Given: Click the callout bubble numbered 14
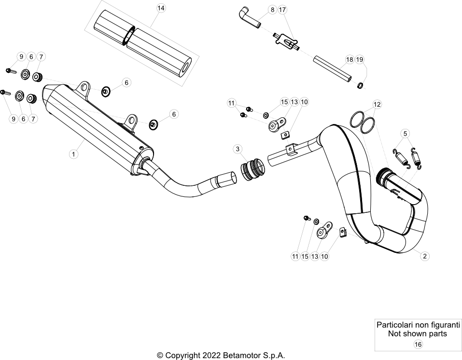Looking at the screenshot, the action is pos(161,8).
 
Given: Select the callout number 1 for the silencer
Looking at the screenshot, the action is pos(74,154).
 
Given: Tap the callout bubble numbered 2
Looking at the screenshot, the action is pos(424,256).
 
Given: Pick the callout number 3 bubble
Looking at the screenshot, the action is pos(238,149).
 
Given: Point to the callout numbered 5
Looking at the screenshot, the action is pos(405,134).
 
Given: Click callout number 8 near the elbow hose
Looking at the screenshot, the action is pos(272,10).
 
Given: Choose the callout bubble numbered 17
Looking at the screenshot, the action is pos(282,10).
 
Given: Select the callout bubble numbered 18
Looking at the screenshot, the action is pos(350,59).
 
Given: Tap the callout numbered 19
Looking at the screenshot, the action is pos(360,59).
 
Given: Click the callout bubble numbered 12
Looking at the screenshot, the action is pos(377,104).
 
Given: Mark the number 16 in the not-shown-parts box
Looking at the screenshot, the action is pos(418,344).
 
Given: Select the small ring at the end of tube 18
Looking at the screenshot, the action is pos(360,86).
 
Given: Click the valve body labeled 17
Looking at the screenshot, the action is pos(286,42).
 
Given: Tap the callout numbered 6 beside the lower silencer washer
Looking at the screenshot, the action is pos(174,114).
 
